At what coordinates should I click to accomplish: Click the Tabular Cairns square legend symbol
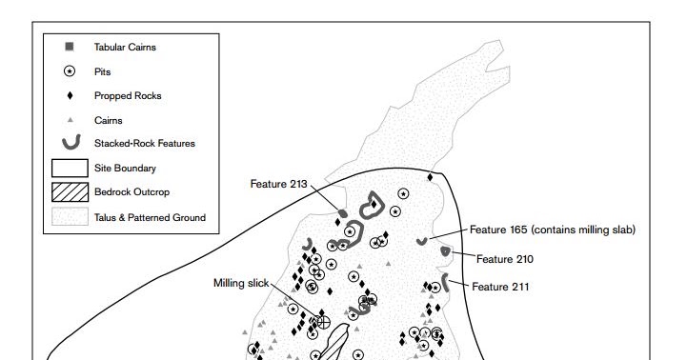pyautogui.click(x=70, y=47)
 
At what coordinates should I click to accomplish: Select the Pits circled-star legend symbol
pyautogui.click(x=70, y=70)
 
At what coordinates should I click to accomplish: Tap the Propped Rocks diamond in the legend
pyautogui.click(x=70, y=95)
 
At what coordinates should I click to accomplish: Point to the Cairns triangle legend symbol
pyautogui.click(x=70, y=120)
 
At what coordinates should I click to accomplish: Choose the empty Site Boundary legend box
pyautogui.click(x=70, y=168)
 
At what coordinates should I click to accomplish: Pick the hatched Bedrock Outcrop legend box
pyautogui.click(x=70, y=192)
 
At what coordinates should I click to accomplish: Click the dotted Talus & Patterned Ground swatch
pyautogui.click(x=70, y=217)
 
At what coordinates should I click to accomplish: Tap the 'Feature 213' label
pyautogui.click(x=278, y=184)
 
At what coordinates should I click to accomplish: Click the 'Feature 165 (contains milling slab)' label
pyautogui.click(x=553, y=230)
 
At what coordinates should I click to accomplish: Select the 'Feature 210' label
pyautogui.click(x=505, y=259)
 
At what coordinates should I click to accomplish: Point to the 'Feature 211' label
pyautogui.click(x=500, y=287)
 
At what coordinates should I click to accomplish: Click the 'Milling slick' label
pyautogui.click(x=241, y=283)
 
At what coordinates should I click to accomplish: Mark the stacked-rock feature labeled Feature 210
pyautogui.click(x=445, y=250)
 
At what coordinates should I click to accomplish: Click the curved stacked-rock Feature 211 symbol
pyautogui.click(x=444, y=283)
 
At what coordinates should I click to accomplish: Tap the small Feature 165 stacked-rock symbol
pyautogui.click(x=421, y=242)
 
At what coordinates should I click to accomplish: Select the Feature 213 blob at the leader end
pyautogui.click(x=343, y=213)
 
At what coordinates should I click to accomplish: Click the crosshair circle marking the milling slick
pyautogui.click(x=323, y=323)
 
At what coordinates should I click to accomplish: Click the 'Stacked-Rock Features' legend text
pyautogui.click(x=145, y=143)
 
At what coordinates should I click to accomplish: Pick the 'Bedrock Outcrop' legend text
pyautogui.click(x=131, y=191)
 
